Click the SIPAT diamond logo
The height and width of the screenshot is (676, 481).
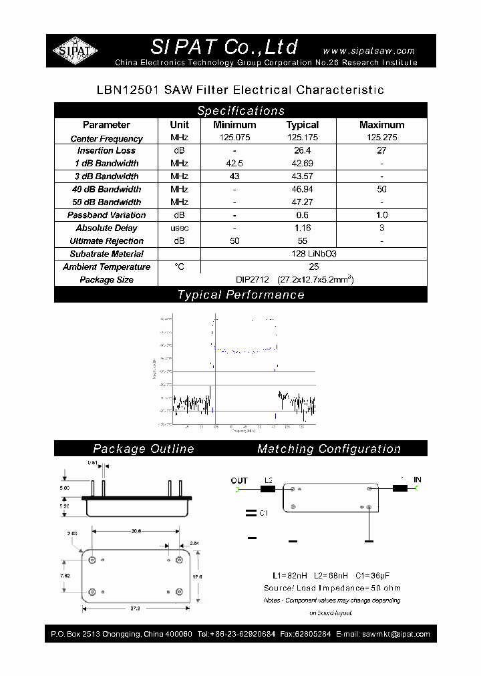point(75,51)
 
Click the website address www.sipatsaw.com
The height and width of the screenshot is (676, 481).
point(369,51)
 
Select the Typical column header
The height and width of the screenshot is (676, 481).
point(303,125)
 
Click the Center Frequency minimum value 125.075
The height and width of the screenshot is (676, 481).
point(234,138)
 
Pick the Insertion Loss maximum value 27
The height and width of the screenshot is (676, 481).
point(381,150)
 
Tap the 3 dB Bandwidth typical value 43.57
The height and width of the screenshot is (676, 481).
point(303,176)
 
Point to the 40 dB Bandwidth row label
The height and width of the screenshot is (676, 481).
point(107,189)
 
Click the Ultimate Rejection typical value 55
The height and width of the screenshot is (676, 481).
point(303,240)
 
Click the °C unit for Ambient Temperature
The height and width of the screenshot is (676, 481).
point(179,267)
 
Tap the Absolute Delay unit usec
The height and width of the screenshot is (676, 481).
point(179,228)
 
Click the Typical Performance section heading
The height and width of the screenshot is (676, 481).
point(240,295)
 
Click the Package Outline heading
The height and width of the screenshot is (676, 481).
point(144,449)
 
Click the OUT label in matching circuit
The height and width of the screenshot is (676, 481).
point(239,480)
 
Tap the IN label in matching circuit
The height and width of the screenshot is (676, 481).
point(418,480)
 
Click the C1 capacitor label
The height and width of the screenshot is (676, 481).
point(263,514)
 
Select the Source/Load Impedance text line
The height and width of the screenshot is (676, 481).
point(332,588)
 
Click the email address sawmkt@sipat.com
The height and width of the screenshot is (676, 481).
point(395,634)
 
